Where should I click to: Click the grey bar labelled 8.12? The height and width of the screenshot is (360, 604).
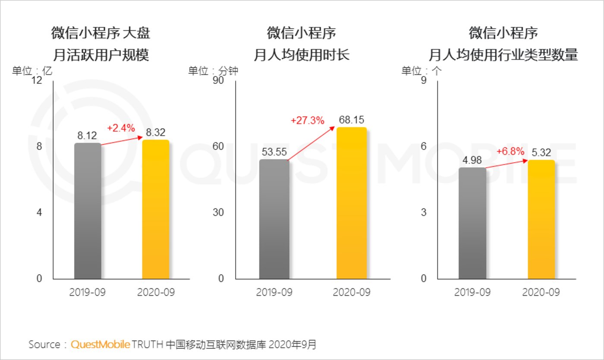point(88,212)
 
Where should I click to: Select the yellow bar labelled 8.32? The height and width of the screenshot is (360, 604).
point(155,210)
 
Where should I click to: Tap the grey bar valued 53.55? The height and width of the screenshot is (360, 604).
point(274,219)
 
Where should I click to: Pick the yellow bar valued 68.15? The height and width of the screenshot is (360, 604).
point(352,203)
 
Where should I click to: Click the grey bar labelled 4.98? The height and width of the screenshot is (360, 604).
point(472,223)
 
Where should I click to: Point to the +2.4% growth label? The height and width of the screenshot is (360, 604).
point(121,128)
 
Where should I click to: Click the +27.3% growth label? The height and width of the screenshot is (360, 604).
point(307,120)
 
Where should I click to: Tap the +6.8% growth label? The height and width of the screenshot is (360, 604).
point(510,152)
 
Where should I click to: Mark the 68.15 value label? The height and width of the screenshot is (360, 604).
point(352,120)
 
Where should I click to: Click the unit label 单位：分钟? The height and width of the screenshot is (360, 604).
point(213,71)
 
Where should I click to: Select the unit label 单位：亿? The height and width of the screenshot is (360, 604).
point(32,71)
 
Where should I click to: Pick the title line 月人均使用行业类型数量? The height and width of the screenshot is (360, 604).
point(503,55)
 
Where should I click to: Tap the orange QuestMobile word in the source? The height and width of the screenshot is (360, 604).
point(100,344)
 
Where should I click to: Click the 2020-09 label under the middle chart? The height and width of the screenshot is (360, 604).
point(352,292)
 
